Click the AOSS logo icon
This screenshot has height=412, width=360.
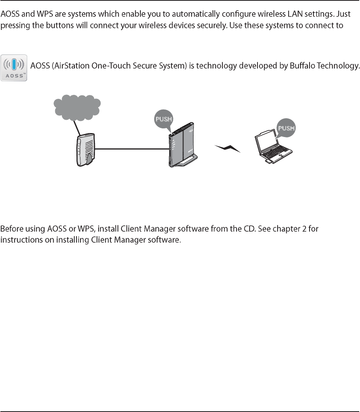[x=14, y=68]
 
